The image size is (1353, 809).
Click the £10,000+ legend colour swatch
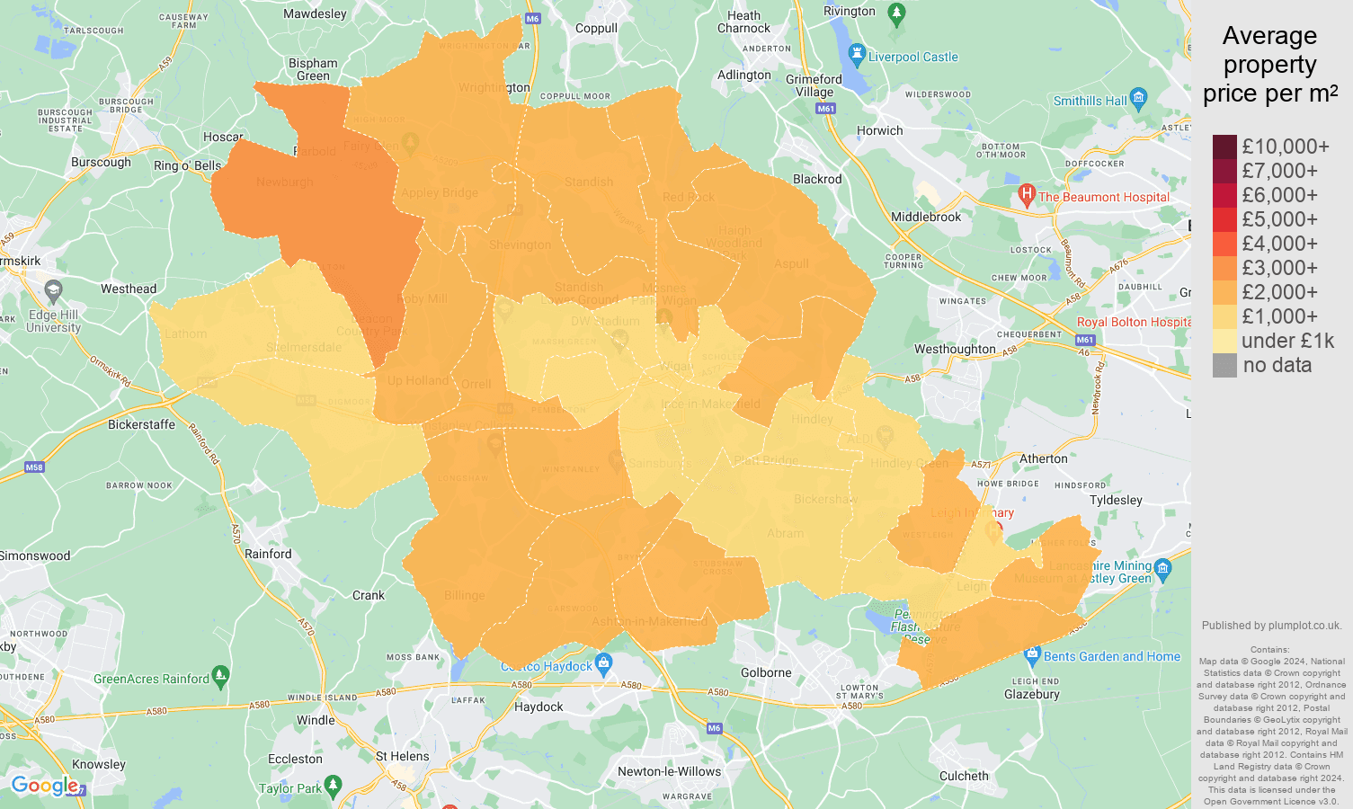click(x=1224, y=147)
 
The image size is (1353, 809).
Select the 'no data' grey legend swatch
click(x=1224, y=365)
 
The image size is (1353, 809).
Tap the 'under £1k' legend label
click(x=1287, y=341)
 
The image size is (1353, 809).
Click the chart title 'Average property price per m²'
click(x=1269, y=65)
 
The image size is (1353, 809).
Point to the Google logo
click(x=45, y=786)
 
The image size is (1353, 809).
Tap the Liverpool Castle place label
click(x=912, y=57)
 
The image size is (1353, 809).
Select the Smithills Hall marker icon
click(x=1139, y=97)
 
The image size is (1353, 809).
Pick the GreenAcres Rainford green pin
click(x=220, y=675)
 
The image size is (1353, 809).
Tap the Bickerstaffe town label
click(x=141, y=424)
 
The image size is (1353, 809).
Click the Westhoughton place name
click(x=955, y=349)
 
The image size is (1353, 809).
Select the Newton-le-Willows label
click(x=669, y=771)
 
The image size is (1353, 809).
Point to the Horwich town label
click(x=879, y=130)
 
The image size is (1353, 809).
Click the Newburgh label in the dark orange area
click(x=284, y=182)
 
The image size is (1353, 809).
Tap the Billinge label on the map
click(x=464, y=595)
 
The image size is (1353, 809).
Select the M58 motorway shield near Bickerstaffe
click(x=34, y=467)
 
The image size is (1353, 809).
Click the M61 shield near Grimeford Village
click(x=825, y=109)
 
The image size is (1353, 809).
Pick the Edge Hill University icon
click(x=53, y=290)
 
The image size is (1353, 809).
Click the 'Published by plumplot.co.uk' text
click(x=1271, y=626)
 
